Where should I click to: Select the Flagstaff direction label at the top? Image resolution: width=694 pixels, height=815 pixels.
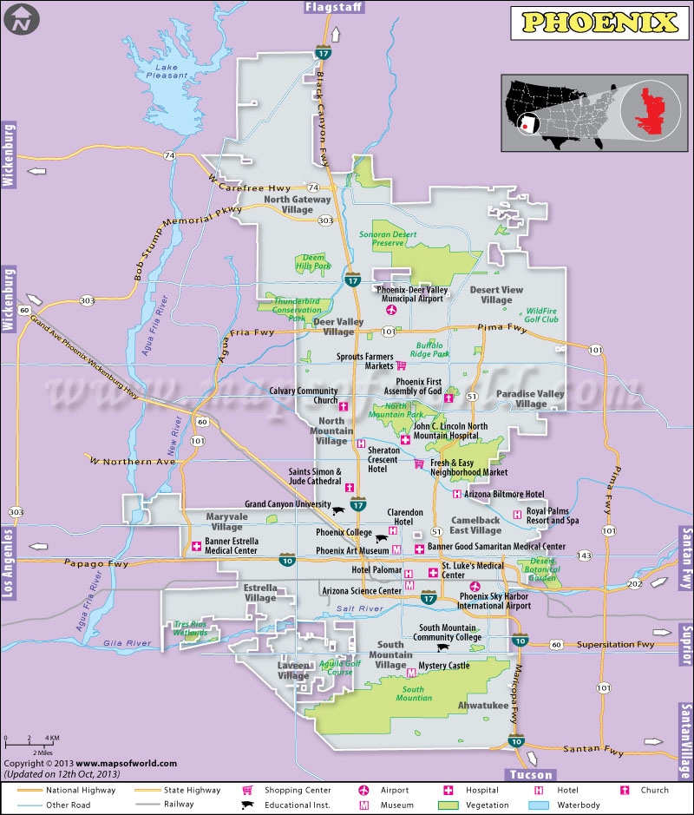[334, 8]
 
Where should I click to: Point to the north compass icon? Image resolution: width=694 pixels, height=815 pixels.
[23, 19]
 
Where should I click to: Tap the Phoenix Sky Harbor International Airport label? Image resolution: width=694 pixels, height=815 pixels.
[494, 601]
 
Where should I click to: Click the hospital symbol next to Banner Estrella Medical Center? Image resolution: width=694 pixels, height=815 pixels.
[196, 547]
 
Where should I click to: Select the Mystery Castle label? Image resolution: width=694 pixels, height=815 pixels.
[443, 667]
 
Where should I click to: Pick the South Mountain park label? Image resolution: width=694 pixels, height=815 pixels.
[414, 693]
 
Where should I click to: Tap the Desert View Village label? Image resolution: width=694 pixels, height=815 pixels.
[496, 295]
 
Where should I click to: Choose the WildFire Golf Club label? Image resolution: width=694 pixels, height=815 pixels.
[541, 314]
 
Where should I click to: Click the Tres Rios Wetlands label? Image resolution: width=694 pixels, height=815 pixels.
[193, 628]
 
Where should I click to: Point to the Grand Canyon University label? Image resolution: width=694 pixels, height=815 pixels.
[287, 503]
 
